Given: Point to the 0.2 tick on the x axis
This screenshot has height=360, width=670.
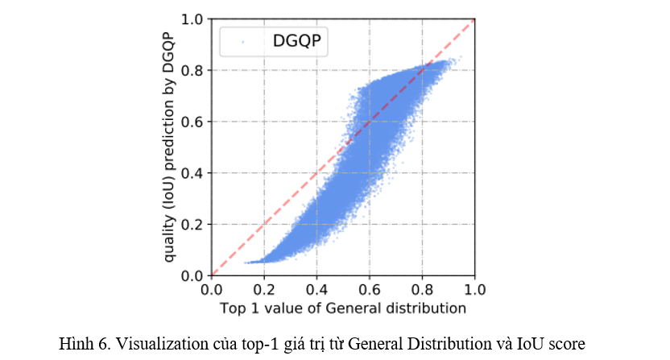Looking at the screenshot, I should [264, 290].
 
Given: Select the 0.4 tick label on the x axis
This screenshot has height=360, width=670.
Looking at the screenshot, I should [316, 290].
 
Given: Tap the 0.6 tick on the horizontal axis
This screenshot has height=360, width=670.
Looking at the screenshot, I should [370, 290].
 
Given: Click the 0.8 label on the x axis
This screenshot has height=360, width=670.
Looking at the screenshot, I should [422, 290].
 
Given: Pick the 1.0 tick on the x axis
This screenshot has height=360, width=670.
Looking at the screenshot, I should [474, 290].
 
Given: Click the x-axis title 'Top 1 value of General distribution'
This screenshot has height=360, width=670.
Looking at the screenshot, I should [343, 308].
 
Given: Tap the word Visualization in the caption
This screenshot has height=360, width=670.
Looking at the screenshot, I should [151, 342].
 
